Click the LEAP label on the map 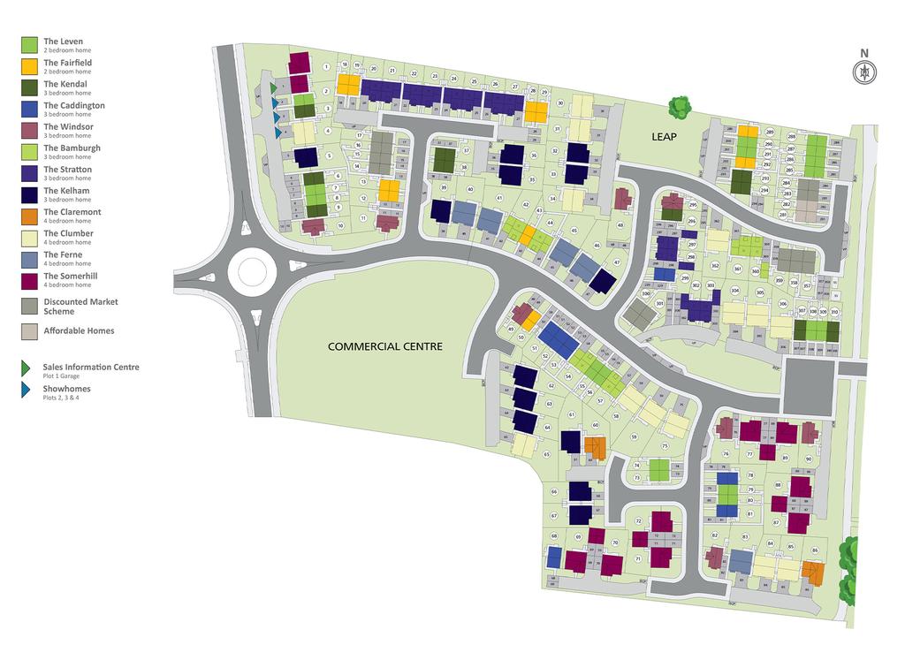click(x=664, y=136)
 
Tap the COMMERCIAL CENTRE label click(x=384, y=346)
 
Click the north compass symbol click(x=864, y=72)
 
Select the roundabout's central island click(x=247, y=272)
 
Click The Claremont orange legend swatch click(x=29, y=216)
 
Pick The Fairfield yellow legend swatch click(x=29, y=66)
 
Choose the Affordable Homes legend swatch click(x=29, y=331)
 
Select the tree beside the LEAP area click(x=679, y=108)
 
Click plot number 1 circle click(x=326, y=66)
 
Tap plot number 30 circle click(x=559, y=103)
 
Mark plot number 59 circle click(x=634, y=436)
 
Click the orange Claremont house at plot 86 click(x=812, y=573)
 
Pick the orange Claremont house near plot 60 click(x=596, y=447)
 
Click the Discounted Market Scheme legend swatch click(x=29, y=306)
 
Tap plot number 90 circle click(x=808, y=459)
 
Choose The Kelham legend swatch click(x=29, y=194)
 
